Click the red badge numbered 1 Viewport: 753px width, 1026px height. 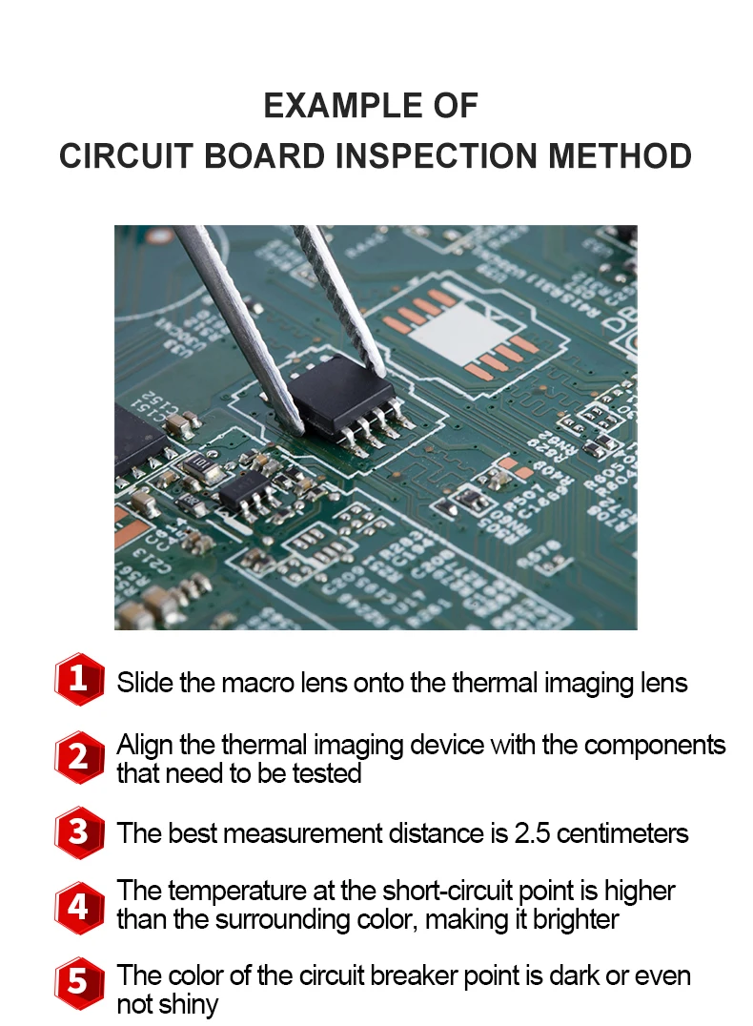[79, 680]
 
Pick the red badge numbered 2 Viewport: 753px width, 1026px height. [79, 757]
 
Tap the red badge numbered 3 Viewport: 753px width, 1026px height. [79, 832]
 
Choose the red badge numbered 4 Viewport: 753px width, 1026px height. [79, 906]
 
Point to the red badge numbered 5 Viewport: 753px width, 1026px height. [79, 983]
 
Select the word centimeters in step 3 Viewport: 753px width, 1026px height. [621, 833]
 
